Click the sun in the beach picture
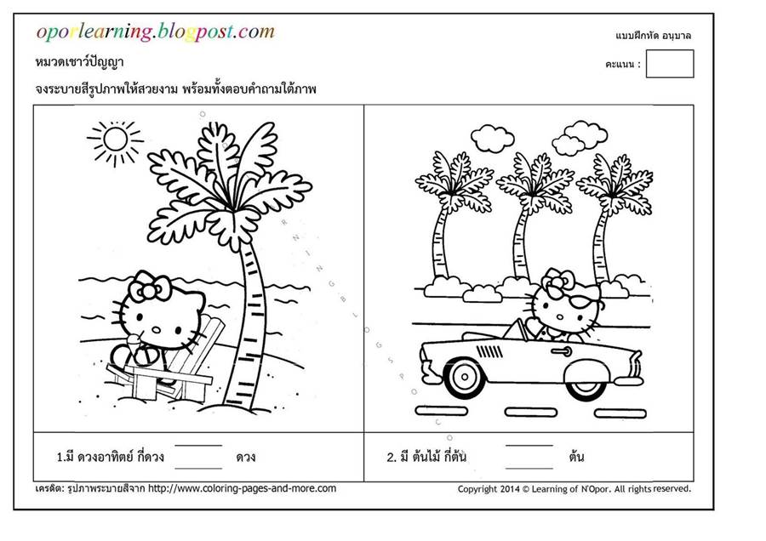(x=116, y=140)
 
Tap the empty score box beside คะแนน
(x=670, y=64)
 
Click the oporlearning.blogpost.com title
(x=156, y=31)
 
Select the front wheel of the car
(x=464, y=377)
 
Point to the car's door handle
(x=562, y=351)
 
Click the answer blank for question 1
(x=198, y=457)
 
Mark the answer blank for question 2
(x=529, y=457)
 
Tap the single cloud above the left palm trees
(x=492, y=138)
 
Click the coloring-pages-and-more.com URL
(x=242, y=488)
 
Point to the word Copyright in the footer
(x=477, y=489)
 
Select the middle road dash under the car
(x=530, y=413)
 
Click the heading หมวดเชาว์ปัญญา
(x=80, y=62)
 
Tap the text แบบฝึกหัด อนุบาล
(x=653, y=36)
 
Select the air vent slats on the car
(x=489, y=351)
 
